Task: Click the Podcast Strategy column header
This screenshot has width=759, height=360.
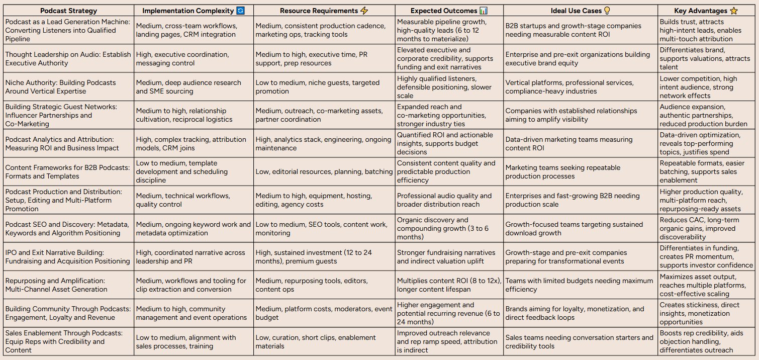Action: coord(69,11)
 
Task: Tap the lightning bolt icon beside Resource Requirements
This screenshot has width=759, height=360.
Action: coord(362,11)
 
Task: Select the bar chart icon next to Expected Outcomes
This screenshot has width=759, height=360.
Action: coord(484,11)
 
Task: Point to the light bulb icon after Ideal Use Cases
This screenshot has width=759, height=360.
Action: coord(607,11)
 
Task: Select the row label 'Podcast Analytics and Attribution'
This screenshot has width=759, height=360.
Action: coord(62,144)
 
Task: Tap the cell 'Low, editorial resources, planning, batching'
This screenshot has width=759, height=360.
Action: coord(324,172)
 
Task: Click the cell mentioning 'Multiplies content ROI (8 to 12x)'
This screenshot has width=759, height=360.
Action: coord(449,285)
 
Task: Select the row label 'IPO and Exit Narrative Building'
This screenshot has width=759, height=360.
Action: coord(67,256)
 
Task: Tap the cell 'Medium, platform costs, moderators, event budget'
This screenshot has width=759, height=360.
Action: coord(324,313)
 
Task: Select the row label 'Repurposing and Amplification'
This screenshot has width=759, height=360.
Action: coord(56,285)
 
